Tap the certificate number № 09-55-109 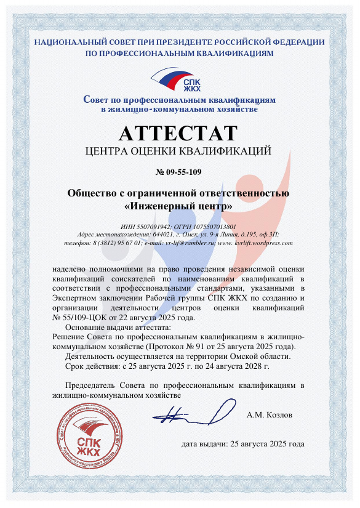(x=180, y=171)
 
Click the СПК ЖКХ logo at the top (x=179, y=81)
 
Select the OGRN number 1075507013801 (x=209, y=226)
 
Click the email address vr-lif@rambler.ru (x=183, y=243)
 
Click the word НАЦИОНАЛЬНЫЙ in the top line (x=66, y=42)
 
